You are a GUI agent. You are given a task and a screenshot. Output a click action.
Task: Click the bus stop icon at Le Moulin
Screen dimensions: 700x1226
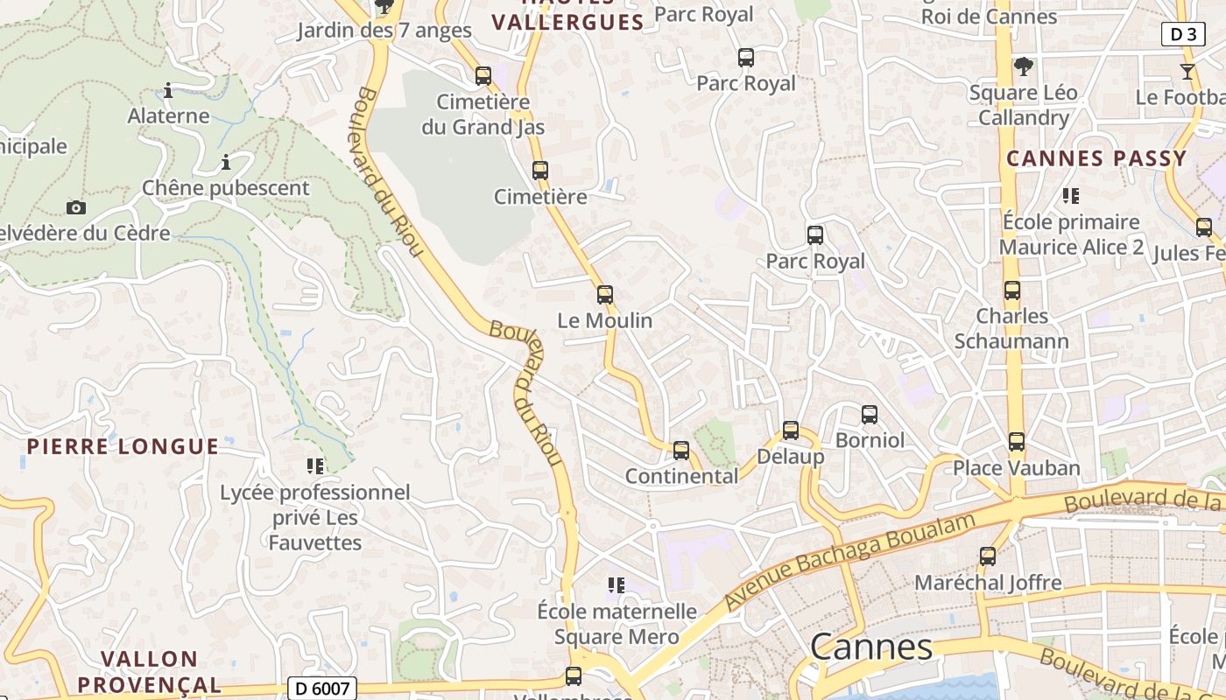604,295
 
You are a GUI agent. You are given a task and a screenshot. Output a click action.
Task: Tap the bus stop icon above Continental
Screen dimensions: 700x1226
680,451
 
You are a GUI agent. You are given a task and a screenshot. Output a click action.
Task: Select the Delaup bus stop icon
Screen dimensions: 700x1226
791,430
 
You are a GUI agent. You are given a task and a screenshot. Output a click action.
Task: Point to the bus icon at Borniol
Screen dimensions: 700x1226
869,415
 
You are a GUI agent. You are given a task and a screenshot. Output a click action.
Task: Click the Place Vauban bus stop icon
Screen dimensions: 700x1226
1016,442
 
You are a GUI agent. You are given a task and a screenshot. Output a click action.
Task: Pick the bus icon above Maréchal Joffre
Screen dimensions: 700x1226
988,556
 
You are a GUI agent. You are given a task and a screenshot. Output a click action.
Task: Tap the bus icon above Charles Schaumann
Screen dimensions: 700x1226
1012,290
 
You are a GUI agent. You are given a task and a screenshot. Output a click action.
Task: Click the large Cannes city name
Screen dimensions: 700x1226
871,647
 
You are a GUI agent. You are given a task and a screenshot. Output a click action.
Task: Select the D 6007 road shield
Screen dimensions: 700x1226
321,689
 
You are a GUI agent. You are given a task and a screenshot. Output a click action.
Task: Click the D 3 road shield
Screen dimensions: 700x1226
1183,34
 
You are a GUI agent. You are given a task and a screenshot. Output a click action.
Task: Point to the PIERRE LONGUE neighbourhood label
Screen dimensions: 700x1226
123,447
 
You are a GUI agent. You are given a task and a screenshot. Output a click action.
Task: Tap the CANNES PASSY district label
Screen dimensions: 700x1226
1096,159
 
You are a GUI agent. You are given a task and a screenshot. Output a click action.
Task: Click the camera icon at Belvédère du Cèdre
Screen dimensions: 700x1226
76,208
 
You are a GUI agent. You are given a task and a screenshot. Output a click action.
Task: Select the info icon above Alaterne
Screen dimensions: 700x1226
168,90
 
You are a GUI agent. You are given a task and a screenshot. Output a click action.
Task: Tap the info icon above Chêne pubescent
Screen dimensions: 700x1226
226,163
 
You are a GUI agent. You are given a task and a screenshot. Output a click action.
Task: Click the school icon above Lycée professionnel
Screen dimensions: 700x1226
314,466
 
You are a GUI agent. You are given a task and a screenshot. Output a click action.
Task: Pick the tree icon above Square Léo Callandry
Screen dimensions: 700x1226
1023,66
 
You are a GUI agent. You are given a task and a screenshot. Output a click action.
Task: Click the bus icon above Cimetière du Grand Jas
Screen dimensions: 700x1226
483,76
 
